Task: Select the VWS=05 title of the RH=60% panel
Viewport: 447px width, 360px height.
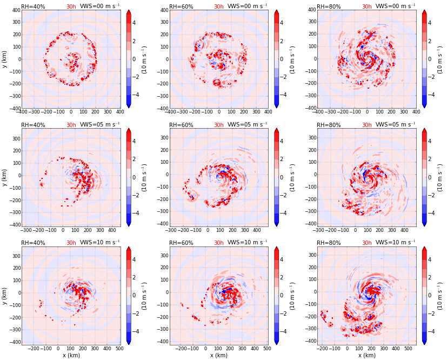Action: (248, 125)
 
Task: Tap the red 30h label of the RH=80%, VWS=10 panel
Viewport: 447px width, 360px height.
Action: (367, 243)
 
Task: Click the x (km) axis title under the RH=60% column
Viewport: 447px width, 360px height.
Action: (218, 356)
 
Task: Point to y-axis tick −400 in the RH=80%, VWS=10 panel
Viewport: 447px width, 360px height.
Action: (309, 341)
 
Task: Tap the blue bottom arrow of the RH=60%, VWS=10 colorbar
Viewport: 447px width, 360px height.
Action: (277, 342)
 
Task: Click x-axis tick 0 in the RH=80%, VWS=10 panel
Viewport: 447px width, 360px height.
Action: (348, 349)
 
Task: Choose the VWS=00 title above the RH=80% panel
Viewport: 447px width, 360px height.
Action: (395, 6)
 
